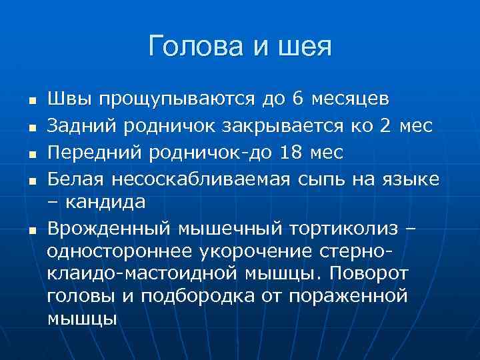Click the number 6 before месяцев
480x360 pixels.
(297, 99)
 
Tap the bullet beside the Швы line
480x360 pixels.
(31, 101)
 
